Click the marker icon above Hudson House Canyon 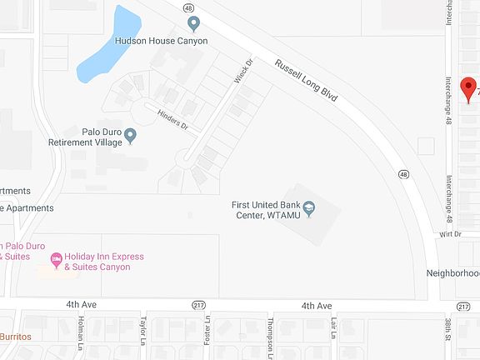coord(193,24)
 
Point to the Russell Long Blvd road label coord(307,80)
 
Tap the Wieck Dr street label coord(242,74)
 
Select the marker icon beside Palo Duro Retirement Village coord(132,139)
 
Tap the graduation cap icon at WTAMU coord(309,207)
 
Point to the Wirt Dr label coord(450,236)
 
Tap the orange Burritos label coord(15,336)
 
